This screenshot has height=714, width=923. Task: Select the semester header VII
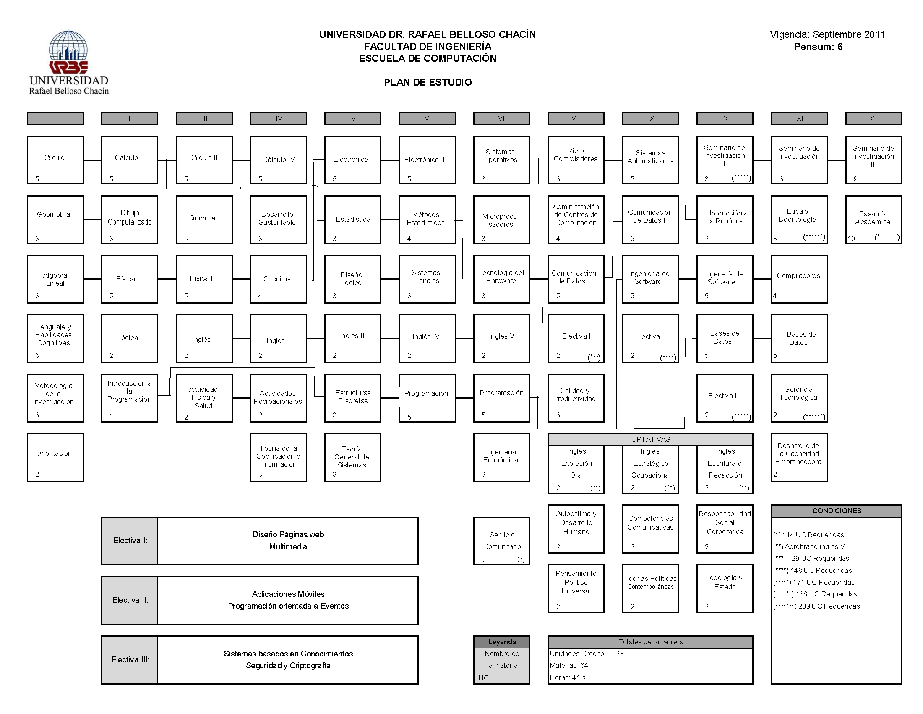tap(502, 118)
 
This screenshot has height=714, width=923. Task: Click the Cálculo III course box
tap(204, 160)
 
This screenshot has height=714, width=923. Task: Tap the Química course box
tap(204, 220)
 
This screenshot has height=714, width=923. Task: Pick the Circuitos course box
tap(279, 279)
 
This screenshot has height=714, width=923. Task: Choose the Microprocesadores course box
tap(502, 220)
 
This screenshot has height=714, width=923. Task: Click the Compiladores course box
tap(799, 279)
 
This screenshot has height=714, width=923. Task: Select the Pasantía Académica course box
tap(873, 220)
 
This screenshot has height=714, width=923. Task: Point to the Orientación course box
tap(55, 458)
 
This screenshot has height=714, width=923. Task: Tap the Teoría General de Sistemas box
tap(352, 458)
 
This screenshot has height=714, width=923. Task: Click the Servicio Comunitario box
tap(502, 541)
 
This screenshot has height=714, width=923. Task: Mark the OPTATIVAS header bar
tap(650, 439)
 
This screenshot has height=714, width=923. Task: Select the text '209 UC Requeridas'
tap(829, 606)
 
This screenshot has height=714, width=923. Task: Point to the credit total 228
tap(618, 654)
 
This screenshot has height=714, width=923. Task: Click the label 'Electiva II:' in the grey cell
tap(130, 600)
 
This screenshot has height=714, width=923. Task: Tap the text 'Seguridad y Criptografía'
tap(288, 666)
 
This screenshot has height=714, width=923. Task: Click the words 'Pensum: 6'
tap(818, 47)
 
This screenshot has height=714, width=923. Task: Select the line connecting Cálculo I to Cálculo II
tap(93, 160)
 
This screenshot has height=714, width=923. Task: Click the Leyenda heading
tap(502, 642)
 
